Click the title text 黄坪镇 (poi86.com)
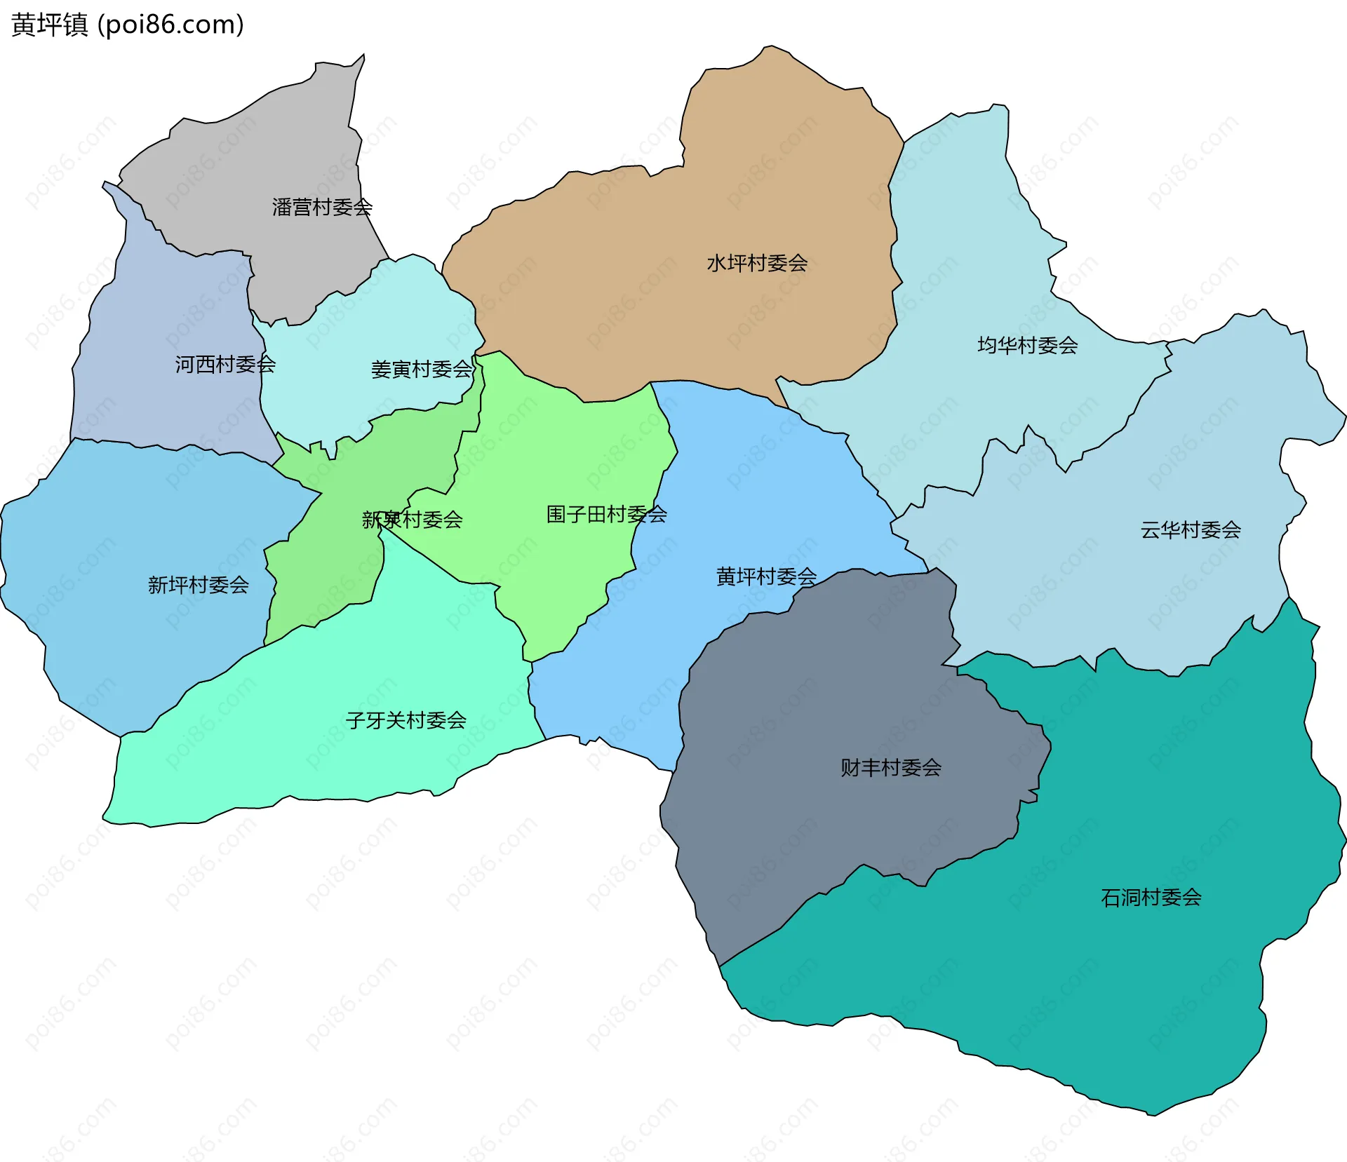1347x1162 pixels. click(128, 25)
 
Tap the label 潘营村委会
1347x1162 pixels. click(322, 208)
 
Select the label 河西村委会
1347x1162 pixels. click(225, 365)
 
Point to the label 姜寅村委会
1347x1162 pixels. click(422, 370)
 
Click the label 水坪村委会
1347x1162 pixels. click(757, 264)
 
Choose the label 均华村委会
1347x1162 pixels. click(1027, 346)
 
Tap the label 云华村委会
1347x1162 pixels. click(1191, 530)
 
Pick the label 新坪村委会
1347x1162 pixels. click(199, 586)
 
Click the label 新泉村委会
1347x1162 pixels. click(413, 520)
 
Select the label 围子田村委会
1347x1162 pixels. click(606, 515)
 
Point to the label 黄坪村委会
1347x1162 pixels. click(766, 577)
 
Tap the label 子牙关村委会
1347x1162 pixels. click(406, 721)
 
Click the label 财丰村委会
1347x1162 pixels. click(891, 768)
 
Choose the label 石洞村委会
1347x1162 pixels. click(1151, 898)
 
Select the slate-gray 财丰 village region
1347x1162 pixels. click(807, 701)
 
